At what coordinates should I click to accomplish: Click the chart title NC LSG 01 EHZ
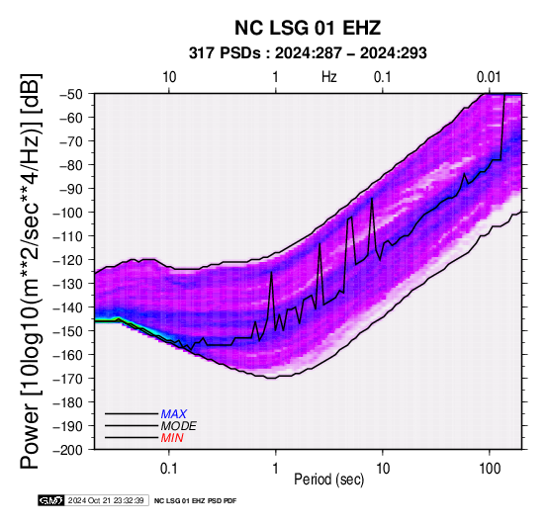(x=308, y=28)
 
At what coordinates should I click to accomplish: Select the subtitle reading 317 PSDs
(x=225, y=53)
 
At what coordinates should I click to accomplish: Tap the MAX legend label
(x=174, y=414)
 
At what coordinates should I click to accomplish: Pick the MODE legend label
(x=179, y=426)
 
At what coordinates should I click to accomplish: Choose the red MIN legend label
(x=172, y=438)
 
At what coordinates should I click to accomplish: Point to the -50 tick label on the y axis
(x=71, y=94)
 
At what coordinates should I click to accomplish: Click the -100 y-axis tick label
(x=68, y=213)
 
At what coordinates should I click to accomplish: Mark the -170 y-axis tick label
(x=68, y=379)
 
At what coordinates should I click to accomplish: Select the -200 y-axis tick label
(x=68, y=450)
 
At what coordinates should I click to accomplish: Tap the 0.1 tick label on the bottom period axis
(x=169, y=469)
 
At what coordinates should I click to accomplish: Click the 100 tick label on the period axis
(x=490, y=469)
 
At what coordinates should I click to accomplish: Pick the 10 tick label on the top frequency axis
(x=169, y=77)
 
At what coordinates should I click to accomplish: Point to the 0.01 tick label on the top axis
(x=489, y=77)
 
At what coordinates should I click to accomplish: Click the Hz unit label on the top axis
(x=328, y=77)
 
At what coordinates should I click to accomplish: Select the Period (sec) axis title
(x=328, y=480)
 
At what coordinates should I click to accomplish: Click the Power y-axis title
(x=30, y=271)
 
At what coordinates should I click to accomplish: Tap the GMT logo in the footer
(x=51, y=500)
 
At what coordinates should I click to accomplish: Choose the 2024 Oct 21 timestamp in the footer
(x=106, y=500)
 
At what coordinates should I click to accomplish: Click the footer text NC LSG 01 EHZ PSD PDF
(x=196, y=501)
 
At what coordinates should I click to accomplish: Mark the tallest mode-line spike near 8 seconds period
(x=372, y=199)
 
